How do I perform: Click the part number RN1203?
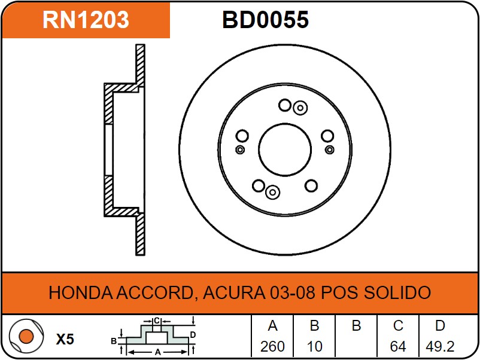86,20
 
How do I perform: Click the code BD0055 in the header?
265,20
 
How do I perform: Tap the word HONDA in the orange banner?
81,292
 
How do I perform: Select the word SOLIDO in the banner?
397,292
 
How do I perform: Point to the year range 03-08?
292,292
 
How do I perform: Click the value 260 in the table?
272,346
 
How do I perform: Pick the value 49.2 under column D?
440,346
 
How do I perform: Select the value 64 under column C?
398,346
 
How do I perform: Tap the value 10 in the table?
314,346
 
